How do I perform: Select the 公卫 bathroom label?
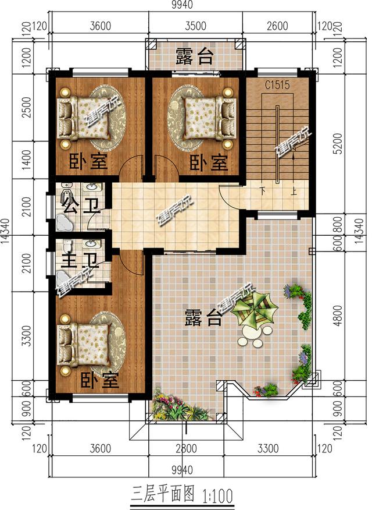tap(78, 206)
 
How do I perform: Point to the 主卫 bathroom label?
tap(77, 257)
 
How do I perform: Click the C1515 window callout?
tap(277, 85)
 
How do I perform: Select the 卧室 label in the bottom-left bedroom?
tap(99, 381)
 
